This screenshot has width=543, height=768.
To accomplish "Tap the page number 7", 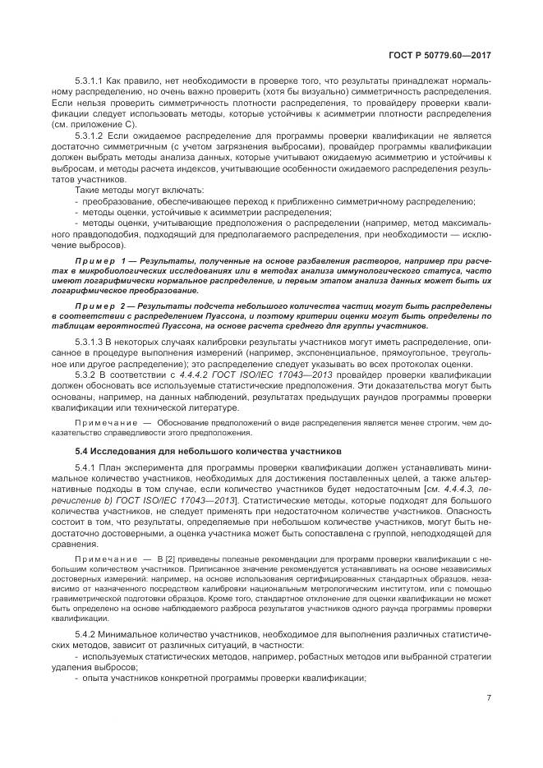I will point(488,698).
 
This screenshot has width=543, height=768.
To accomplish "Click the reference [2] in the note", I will point(172,559).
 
